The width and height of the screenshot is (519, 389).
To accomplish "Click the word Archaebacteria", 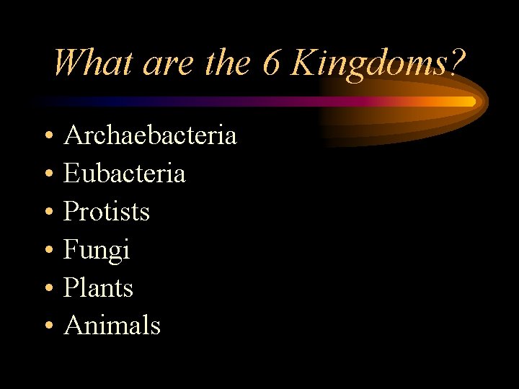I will click(150, 135).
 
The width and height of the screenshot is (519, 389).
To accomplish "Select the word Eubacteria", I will click(124, 173).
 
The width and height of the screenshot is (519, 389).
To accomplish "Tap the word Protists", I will click(107, 211).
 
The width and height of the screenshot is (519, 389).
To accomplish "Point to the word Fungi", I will click(97, 250).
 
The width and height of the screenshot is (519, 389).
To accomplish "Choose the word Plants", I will click(98, 287).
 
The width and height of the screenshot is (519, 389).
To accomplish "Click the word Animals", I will click(112, 326).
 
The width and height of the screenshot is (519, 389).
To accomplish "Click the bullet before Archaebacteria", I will click(47, 136).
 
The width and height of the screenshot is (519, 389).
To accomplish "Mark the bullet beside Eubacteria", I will click(47, 174).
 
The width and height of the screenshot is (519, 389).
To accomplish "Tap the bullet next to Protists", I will click(47, 213).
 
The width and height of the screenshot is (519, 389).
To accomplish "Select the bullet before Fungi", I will click(47, 251).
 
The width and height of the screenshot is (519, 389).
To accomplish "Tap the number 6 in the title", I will click(271, 63).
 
